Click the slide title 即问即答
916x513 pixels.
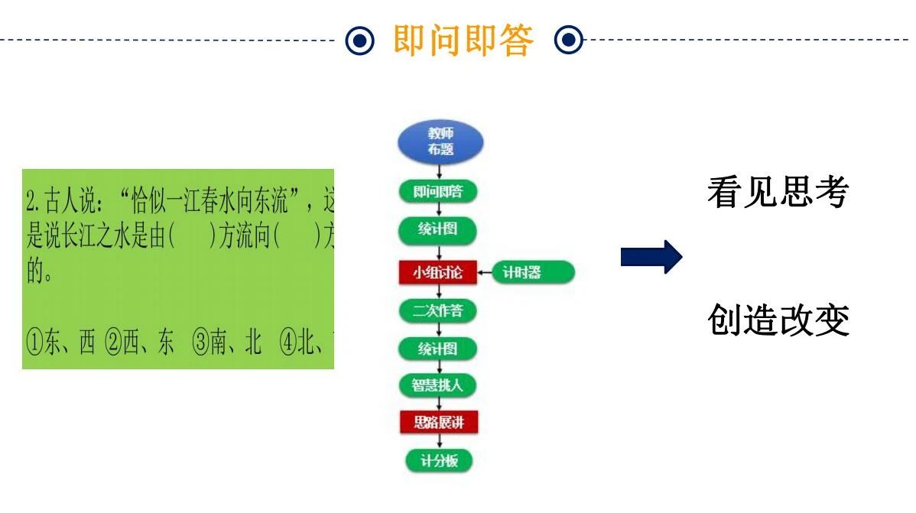pos(463,41)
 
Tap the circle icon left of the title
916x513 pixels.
pos(360,41)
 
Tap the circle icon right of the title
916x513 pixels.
pos(568,41)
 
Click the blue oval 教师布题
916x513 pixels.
pos(440,142)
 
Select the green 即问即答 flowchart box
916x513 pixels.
pos(438,192)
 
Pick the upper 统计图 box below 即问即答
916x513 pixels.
pos(438,229)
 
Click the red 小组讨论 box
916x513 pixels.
pos(438,272)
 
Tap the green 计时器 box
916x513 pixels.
pos(534,272)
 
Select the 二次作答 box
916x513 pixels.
pos(438,311)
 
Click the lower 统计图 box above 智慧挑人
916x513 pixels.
pos(438,349)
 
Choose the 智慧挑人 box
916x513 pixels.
pos(438,385)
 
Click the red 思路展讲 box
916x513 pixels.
pos(438,422)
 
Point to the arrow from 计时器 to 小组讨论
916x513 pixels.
pos(486,272)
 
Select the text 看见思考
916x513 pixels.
pos(778,193)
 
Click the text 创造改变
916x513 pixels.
pos(778,320)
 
